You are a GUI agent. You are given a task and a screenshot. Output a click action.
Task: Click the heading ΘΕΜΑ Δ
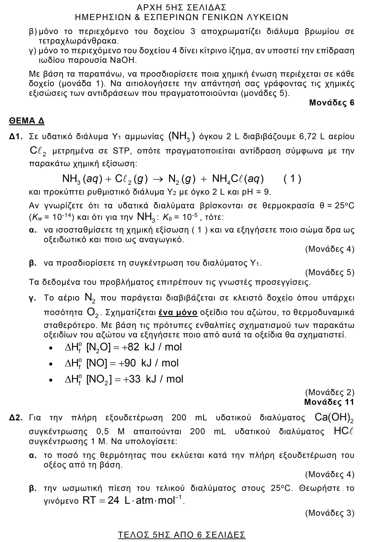(x=27, y=121)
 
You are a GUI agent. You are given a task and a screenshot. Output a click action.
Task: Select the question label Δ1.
(x=16, y=137)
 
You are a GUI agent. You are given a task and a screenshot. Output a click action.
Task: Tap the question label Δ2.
(x=16, y=418)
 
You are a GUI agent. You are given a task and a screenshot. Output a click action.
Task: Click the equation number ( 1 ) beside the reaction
(x=292, y=179)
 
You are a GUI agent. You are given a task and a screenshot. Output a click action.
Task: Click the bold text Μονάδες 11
(x=329, y=402)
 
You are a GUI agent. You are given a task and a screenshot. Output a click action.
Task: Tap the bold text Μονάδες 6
(x=332, y=103)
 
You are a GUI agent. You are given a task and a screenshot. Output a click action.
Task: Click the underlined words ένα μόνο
(x=178, y=312)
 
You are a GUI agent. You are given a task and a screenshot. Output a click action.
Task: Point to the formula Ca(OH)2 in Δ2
(x=334, y=417)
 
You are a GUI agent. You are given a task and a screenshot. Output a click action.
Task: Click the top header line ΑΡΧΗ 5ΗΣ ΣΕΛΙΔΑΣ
(x=182, y=7)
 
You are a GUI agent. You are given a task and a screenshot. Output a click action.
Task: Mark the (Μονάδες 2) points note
(x=330, y=392)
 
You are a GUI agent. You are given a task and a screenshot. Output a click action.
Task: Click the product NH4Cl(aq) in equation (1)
(x=238, y=179)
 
